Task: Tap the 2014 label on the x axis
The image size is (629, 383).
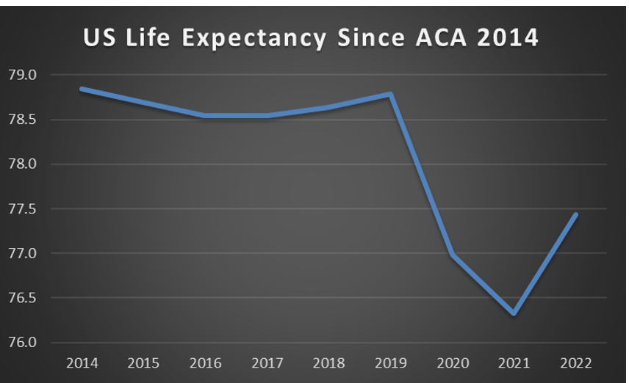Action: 82,363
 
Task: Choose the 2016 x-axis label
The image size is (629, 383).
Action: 205,363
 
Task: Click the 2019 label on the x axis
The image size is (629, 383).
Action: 391,363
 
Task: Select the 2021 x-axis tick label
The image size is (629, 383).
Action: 514,363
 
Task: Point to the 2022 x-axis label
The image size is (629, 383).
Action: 576,363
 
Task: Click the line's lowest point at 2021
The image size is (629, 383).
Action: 514,313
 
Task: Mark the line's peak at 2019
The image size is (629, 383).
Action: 391,94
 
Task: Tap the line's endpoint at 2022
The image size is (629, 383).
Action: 576,214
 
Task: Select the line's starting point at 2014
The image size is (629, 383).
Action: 82,89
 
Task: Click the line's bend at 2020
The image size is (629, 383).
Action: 453,255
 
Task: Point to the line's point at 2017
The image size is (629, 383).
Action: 267,115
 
